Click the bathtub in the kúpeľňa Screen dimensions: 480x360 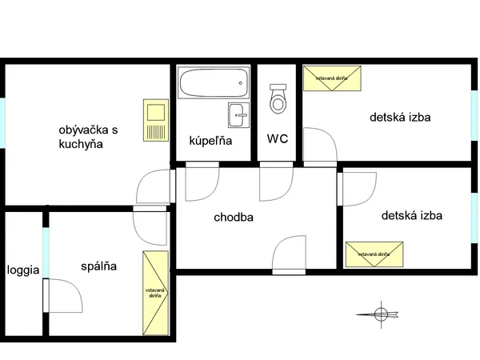click(214, 82)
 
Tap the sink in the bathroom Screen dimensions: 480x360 click(238, 115)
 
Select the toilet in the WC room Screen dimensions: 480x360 click(278, 98)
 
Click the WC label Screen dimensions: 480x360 click(278, 138)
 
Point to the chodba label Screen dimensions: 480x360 click(234, 218)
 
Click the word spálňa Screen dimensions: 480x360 click(98, 266)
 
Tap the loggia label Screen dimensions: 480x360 click(23, 270)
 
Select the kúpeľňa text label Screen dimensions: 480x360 click(210, 141)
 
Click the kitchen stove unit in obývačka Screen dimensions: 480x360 click(156, 120)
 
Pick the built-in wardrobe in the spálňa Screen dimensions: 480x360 click(155, 293)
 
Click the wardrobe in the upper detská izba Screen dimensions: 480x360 click(332, 78)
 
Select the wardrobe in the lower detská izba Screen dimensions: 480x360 click(374, 254)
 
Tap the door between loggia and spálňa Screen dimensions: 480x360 click(62, 296)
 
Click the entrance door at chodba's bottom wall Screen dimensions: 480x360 click(289, 255)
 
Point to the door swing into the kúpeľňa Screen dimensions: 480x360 click(202, 182)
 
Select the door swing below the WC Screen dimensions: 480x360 click(277, 182)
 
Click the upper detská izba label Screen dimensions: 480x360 click(400, 118)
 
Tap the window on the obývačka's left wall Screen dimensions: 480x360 click(2, 122)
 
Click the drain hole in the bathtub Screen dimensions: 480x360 click(240, 83)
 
